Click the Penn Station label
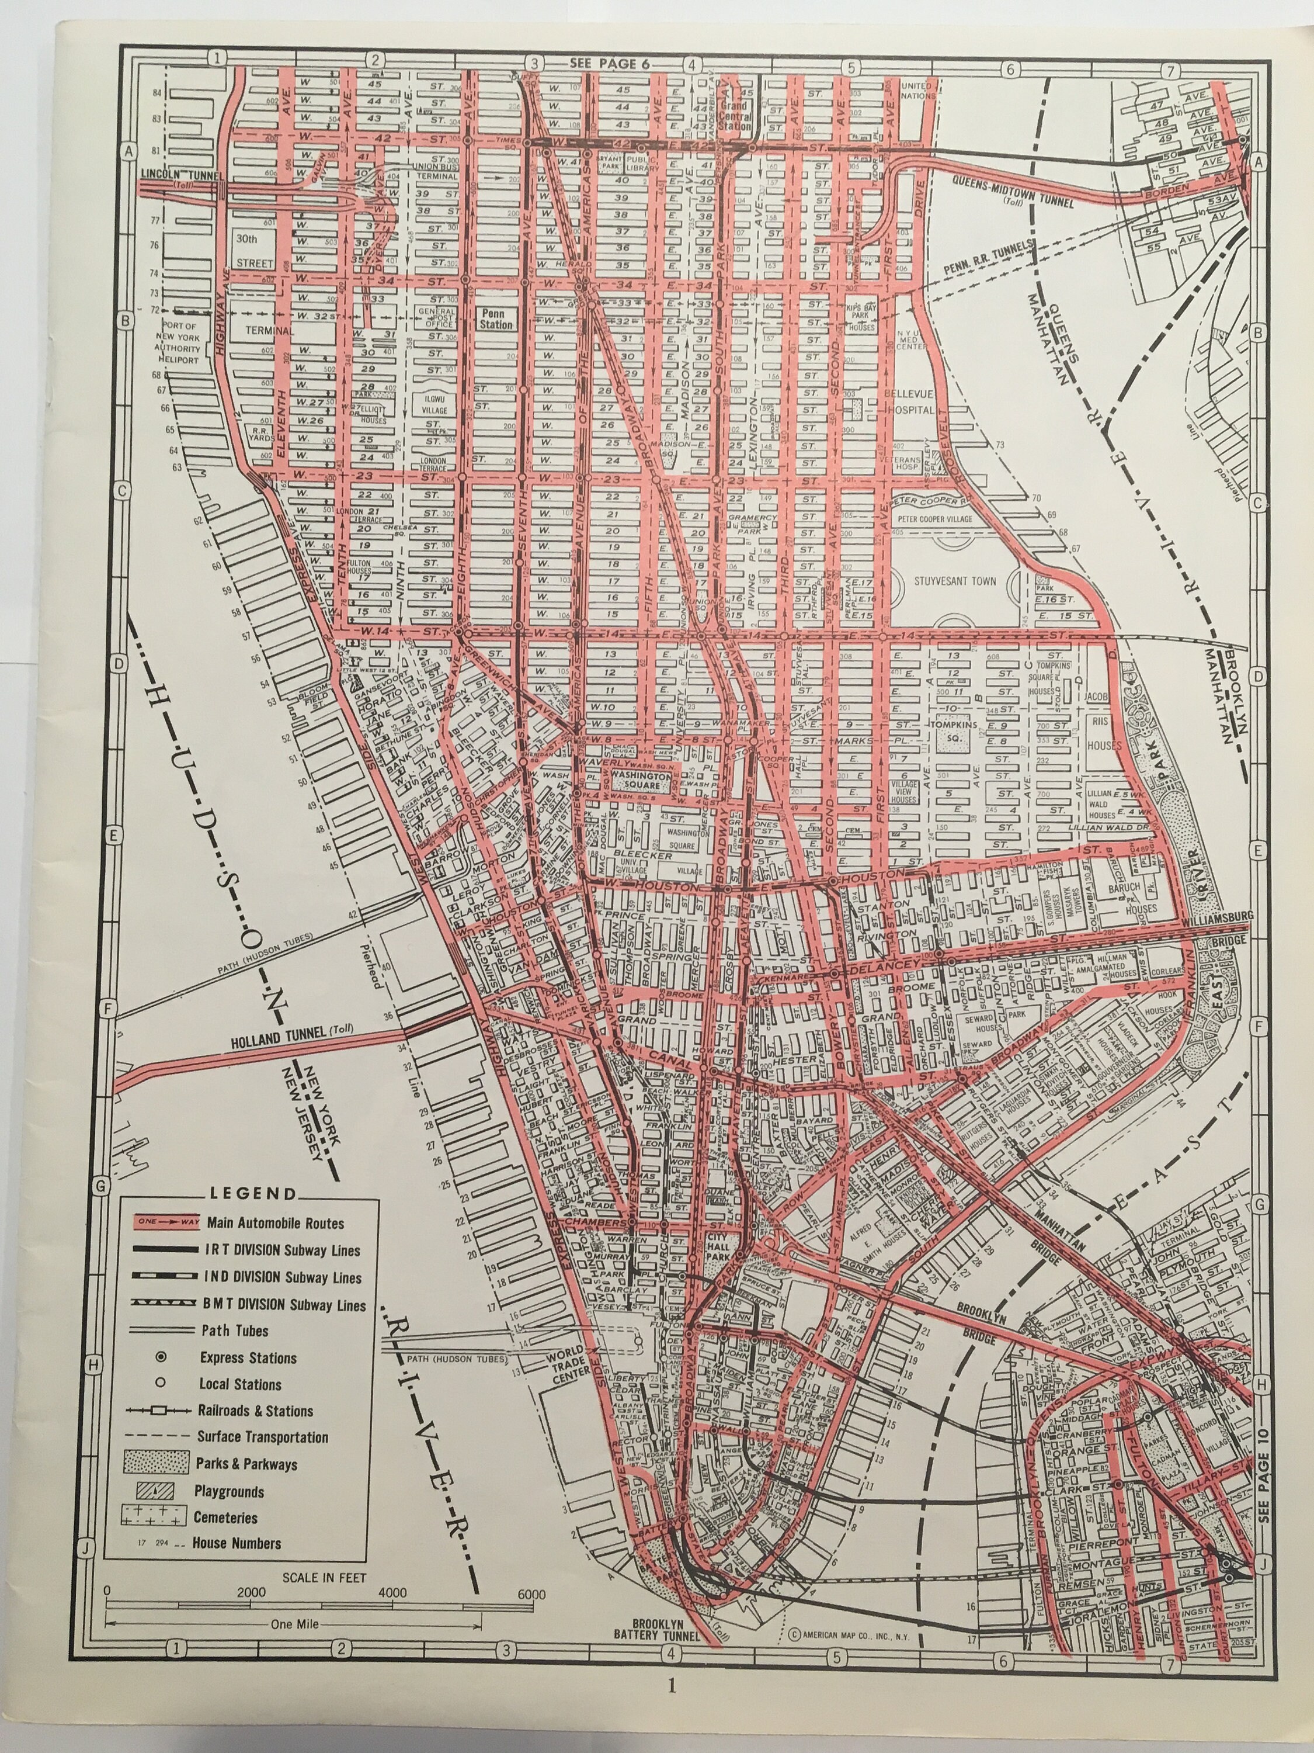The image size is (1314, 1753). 495,318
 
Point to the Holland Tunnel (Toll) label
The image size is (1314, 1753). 291,1030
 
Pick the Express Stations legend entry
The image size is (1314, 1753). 248,1357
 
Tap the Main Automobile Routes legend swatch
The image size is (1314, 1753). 160,1222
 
